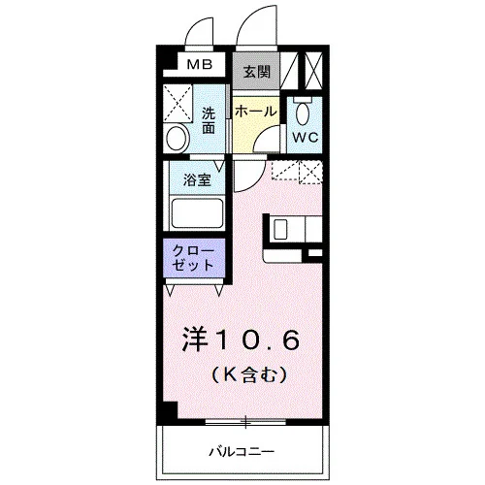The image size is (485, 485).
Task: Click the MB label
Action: [x=200, y=65]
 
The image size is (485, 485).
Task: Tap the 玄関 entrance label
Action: [x=256, y=72]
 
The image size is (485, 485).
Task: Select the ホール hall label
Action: [x=256, y=112]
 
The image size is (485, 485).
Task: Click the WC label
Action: [x=306, y=138]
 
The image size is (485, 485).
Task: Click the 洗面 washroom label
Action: [x=209, y=120]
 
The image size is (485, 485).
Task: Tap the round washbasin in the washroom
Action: [x=177, y=138]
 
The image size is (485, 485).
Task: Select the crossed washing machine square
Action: [x=178, y=103]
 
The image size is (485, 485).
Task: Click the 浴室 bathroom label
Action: [x=197, y=179]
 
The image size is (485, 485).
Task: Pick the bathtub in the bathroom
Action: [x=197, y=213]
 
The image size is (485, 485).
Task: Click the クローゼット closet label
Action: [x=193, y=258]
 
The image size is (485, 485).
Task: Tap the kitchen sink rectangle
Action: [x=280, y=229]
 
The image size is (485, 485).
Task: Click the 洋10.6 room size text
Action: [x=242, y=340]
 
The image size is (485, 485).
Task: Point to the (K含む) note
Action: [x=249, y=374]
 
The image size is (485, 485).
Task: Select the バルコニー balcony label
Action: [x=242, y=451]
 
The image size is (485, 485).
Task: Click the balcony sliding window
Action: [x=245, y=422]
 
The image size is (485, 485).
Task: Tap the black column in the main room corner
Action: [x=170, y=410]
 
